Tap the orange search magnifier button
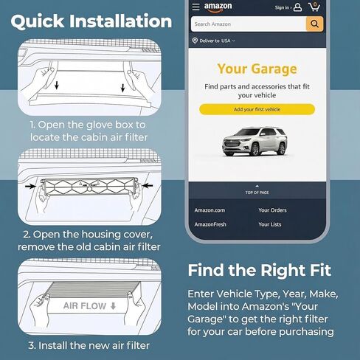tap(314, 24)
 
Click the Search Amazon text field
tap(249, 24)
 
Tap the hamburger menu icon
tap(195, 7)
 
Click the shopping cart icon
tap(314, 7)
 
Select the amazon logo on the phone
tap(218, 7)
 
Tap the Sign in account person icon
tap(297, 7)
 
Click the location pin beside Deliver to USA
tap(195, 41)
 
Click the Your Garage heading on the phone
tap(257, 69)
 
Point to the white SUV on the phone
tap(255, 142)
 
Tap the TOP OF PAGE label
tap(257, 193)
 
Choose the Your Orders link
tap(272, 210)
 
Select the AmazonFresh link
tap(210, 224)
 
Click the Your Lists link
tap(270, 224)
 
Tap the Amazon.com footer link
tap(210, 210)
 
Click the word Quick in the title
tap(38, 21)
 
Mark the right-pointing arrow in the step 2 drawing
tap(30, 186)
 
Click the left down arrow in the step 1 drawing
tap(57, 85)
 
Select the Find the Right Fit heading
tap(260, 271)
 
